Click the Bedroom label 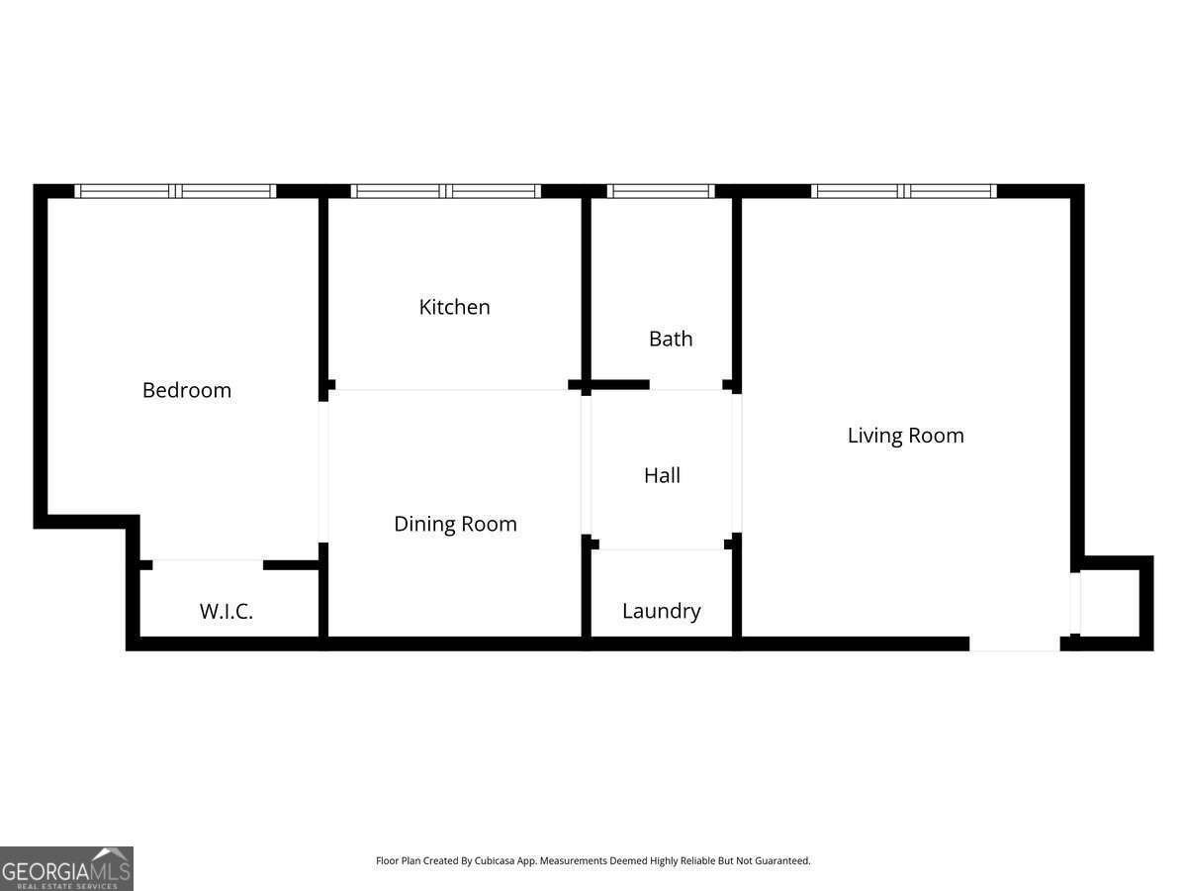pos(187,390)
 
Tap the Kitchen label pos(454,307)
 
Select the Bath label pos(671,339)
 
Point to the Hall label pos(662,475)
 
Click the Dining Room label pos(455,524)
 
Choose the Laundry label pos(661,611)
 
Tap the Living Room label pos(905,436)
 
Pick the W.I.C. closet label pos(227,611)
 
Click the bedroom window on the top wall pos(176,191)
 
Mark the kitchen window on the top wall pos(446,191)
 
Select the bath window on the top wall pos(660,191)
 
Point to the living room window pos(904,191)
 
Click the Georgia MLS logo pos(66,868)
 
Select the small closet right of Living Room pos(1112,601)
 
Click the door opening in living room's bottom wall pos(1014,643)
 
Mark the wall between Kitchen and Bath pos(586,287)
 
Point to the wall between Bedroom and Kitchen pos(323,287)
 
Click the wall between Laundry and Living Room pos(737,594)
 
